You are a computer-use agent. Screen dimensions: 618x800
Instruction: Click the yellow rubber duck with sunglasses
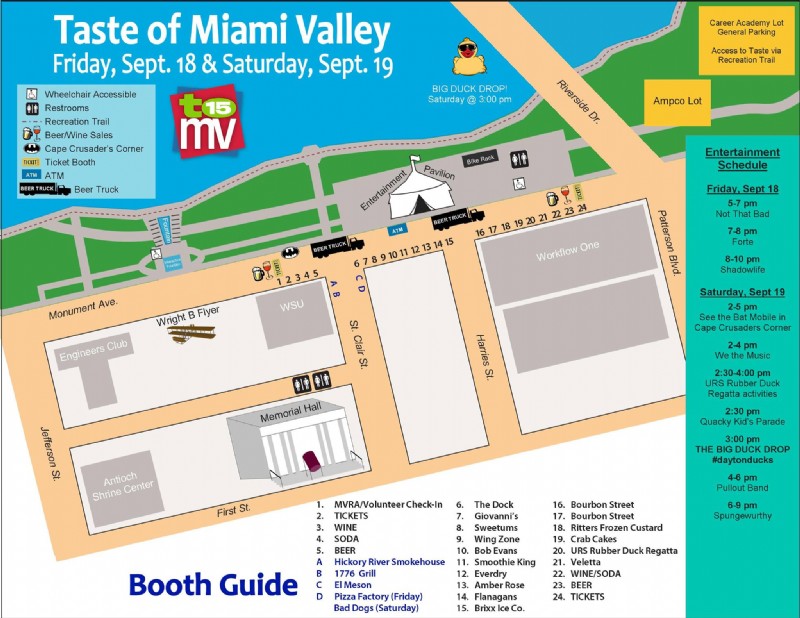[465, 60]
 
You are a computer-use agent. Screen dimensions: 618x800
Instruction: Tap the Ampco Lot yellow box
[677, 101]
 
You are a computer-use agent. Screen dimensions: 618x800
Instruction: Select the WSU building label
[291, 305]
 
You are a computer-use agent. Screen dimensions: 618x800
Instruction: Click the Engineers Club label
[94, 352]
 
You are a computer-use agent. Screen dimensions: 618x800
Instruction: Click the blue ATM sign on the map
[397, 230]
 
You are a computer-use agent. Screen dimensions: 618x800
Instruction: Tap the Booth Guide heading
[206, 584]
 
